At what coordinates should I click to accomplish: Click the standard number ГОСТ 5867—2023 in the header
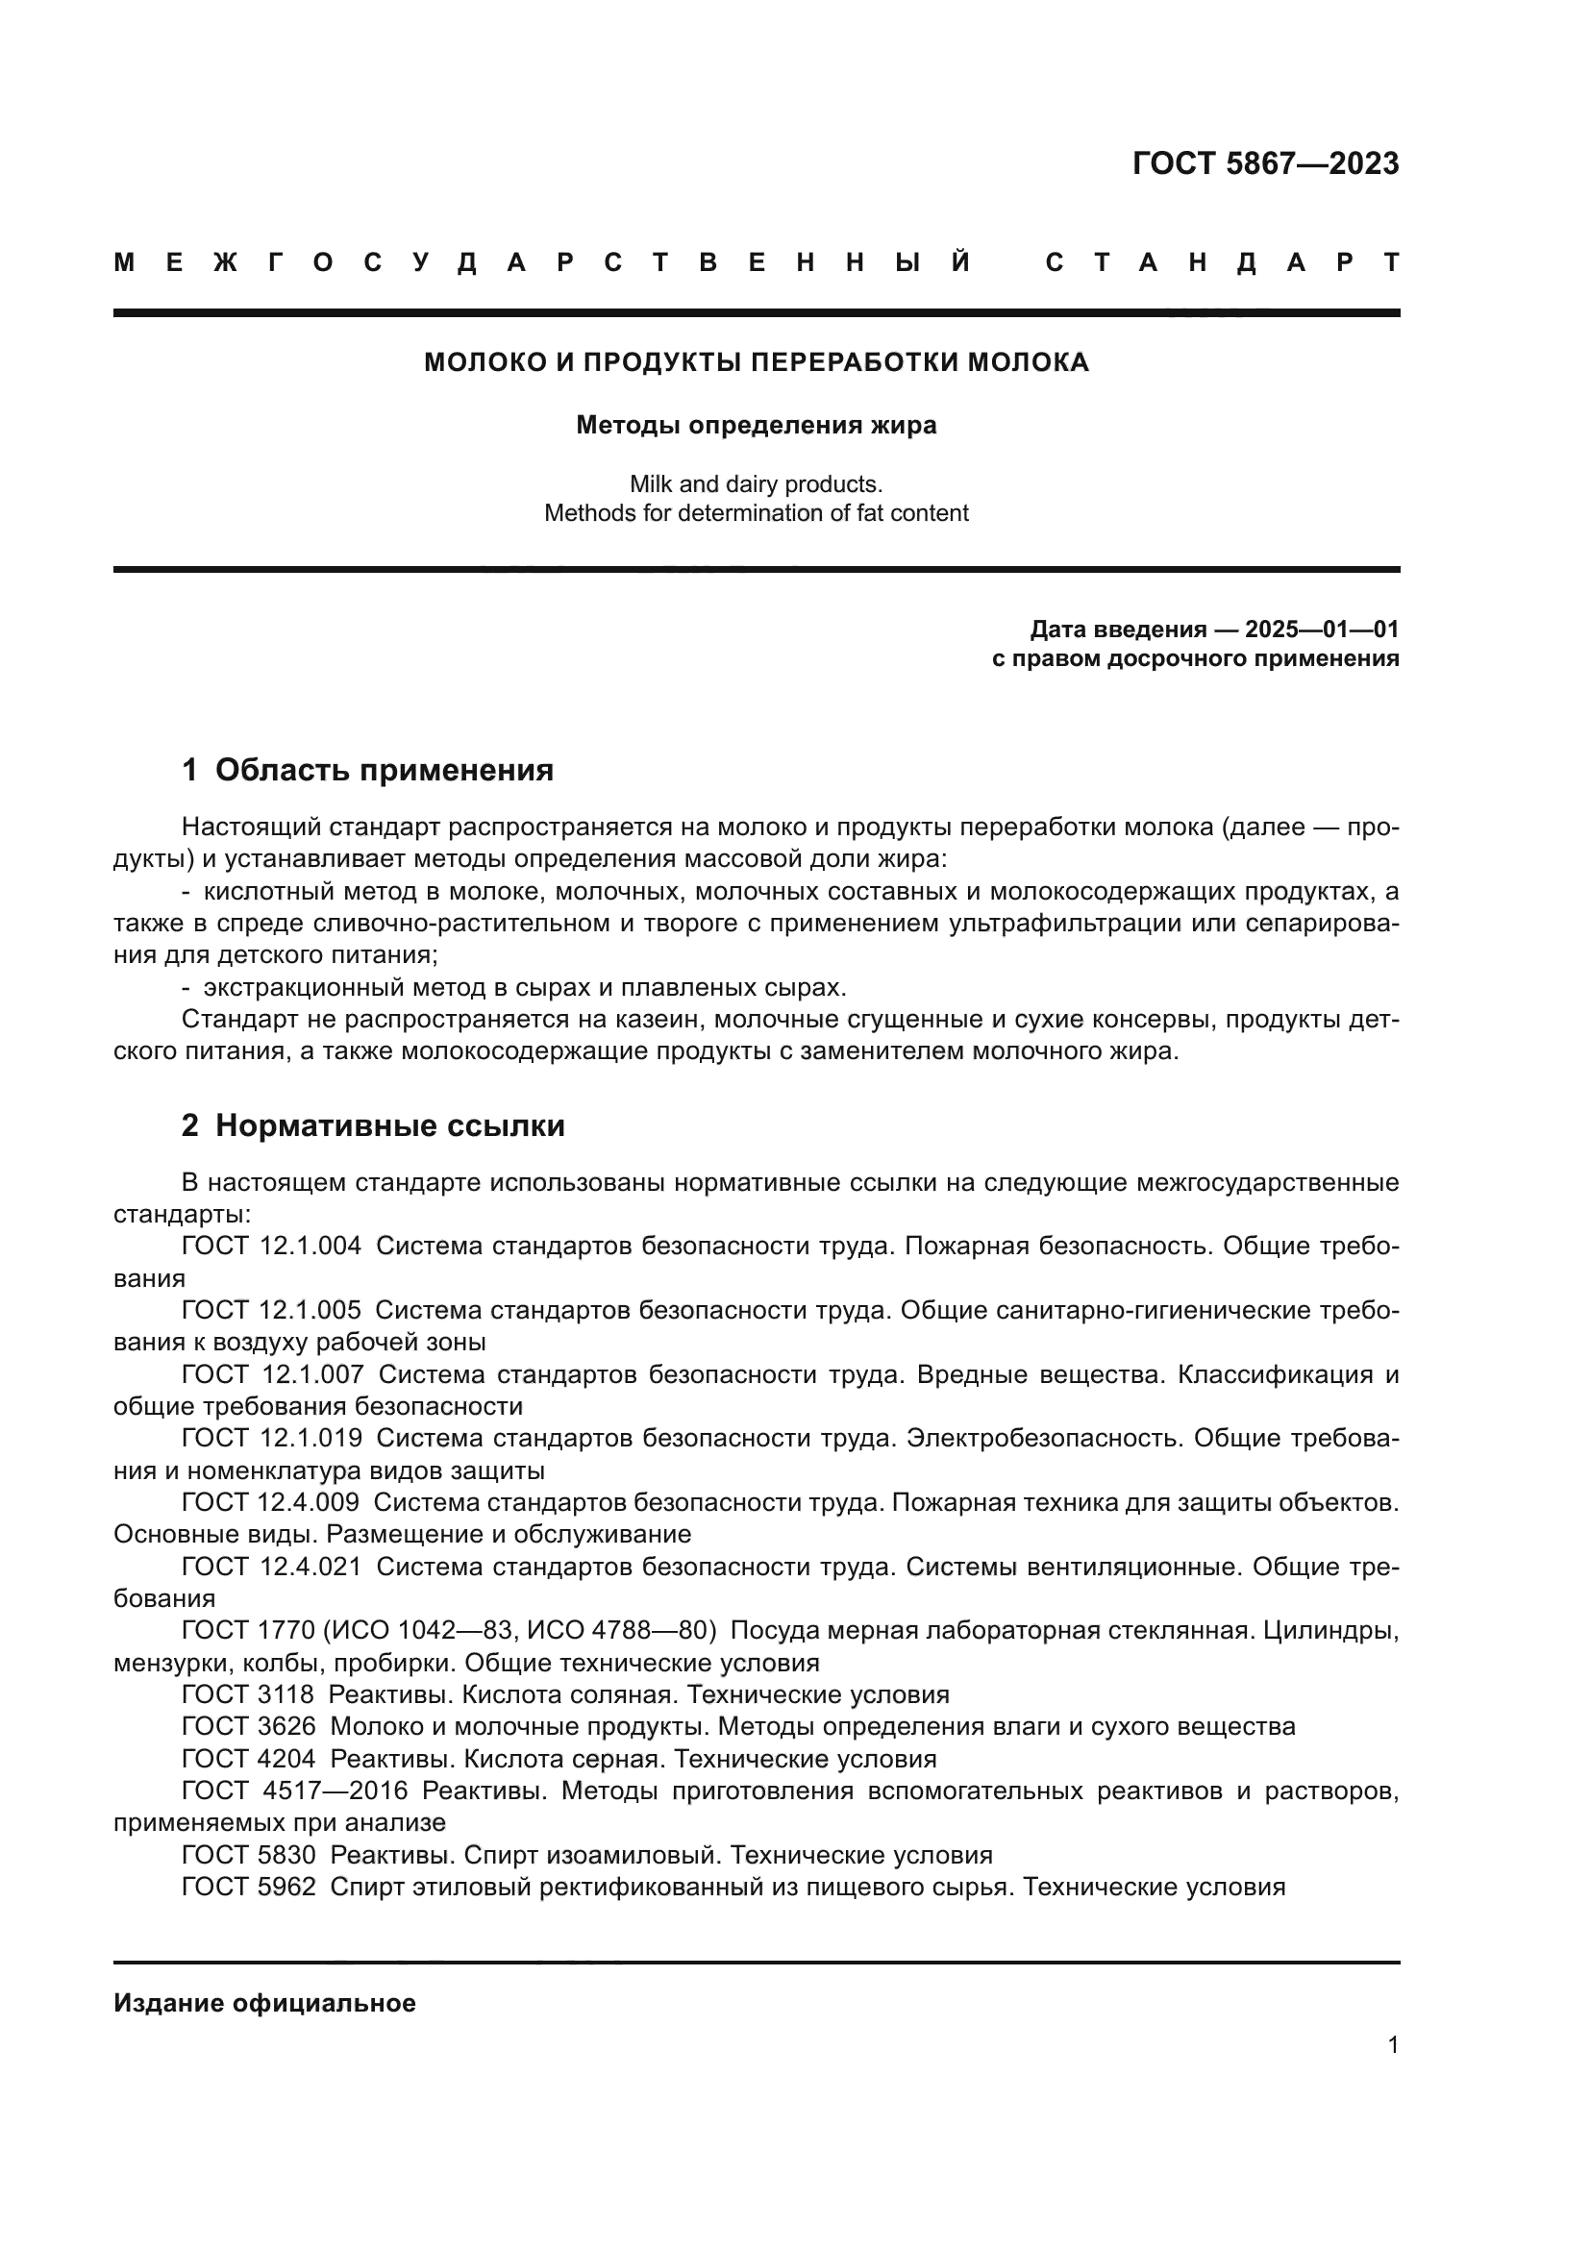click(1265, 163)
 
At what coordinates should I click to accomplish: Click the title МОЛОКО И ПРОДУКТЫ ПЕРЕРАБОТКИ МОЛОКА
click(756, 362)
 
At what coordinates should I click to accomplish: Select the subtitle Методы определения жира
click(756, 425)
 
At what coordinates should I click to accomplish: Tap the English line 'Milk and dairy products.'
click(756, 483)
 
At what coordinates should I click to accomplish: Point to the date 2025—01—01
click(1322, 629)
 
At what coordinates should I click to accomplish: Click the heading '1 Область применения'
click(368, 770)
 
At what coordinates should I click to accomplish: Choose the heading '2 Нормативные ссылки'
click(373, 1126)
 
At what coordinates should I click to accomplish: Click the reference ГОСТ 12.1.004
click(271, 1247)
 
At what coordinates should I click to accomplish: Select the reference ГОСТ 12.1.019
click(271, 1439)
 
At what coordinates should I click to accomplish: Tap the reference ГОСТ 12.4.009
click(271, 1502)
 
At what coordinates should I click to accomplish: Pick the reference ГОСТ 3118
click(248, 1694)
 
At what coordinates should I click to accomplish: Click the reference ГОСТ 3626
click(249, 1726)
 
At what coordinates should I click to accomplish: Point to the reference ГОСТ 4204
click(249, 1759)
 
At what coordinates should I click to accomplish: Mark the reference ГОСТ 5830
click(249, 1854)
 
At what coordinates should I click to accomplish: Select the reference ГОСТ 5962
click(249, 1887)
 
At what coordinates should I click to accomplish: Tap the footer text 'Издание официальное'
click(264, 2003)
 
